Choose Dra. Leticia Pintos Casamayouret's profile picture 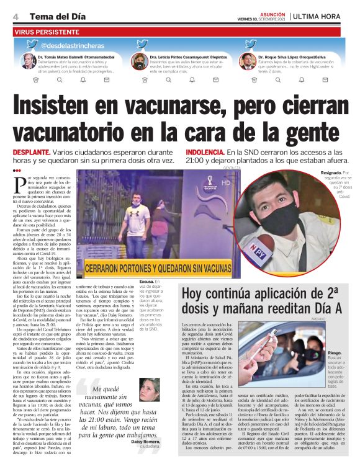[139, 61]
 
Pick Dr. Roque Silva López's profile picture [248, 61]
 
